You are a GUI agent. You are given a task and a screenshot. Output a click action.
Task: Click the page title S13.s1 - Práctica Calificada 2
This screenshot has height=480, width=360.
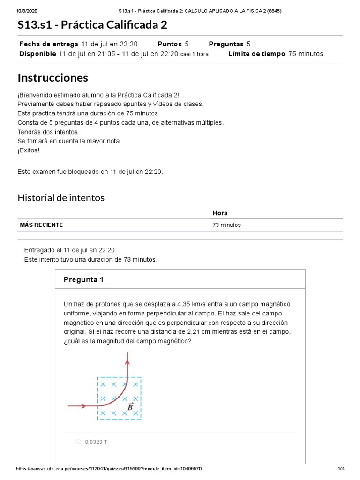click(x=92, y=25)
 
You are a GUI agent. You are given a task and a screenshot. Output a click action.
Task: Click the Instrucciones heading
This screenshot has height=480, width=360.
click(x=52, y=77)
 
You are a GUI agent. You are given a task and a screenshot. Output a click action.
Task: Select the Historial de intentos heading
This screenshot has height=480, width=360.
click(x=61, y=198)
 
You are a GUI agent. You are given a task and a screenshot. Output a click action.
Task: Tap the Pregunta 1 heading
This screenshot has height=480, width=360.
click(x=83, y=280)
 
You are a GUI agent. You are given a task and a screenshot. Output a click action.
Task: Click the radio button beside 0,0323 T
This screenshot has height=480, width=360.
click(x=78, y=442)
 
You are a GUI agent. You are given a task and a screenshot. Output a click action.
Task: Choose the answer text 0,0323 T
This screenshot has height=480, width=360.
click(x=96, y=442)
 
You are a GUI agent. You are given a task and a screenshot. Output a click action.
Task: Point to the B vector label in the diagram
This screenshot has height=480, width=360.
click(x=130, y=406)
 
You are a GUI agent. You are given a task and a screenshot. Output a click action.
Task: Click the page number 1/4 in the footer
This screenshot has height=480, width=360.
click(x=341, y=469)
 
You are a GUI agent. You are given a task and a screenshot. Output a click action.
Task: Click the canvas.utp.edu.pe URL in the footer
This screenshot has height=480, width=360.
click(x=109, y=469)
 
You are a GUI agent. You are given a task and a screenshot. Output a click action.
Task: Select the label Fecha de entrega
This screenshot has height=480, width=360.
click(x=49, y=44)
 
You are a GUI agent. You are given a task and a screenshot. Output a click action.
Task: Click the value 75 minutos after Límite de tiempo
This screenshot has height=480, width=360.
click(x=306, y=54)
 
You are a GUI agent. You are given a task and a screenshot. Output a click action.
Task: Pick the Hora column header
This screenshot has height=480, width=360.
click(x=220, y=213)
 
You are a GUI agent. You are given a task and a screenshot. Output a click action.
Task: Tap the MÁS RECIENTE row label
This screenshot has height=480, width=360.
click(x=41, y=225)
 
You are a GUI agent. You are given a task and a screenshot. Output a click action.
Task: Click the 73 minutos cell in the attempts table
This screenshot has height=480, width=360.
click(x=226, y=225)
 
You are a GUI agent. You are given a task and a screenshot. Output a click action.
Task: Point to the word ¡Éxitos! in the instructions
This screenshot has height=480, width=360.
click(x=29, y=150)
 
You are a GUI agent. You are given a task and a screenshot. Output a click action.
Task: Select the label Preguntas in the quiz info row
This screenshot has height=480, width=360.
click(x=226, y=44)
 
